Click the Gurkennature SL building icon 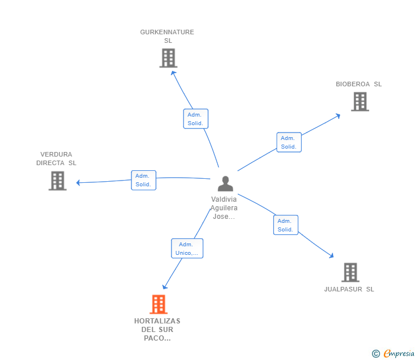point(168,58)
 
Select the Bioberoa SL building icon point(359,102)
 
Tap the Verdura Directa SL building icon point(57,181)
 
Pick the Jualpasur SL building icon point(350,273)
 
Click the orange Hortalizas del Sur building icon point(158,305)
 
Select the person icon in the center point(226,184)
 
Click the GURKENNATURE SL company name point(167,36)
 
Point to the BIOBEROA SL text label point(358,84)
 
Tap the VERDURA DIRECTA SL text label point(56,158)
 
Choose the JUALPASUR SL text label point(349,289)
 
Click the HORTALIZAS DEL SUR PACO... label point(157,330)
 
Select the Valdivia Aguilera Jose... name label point(224,208)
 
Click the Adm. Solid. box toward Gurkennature point(195,119)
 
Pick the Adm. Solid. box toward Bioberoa point(289,142)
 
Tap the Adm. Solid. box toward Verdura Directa point(143,180)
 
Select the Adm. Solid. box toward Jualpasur point(285,225)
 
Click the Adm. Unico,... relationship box point(187,249)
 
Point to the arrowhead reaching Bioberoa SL point(338,115)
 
